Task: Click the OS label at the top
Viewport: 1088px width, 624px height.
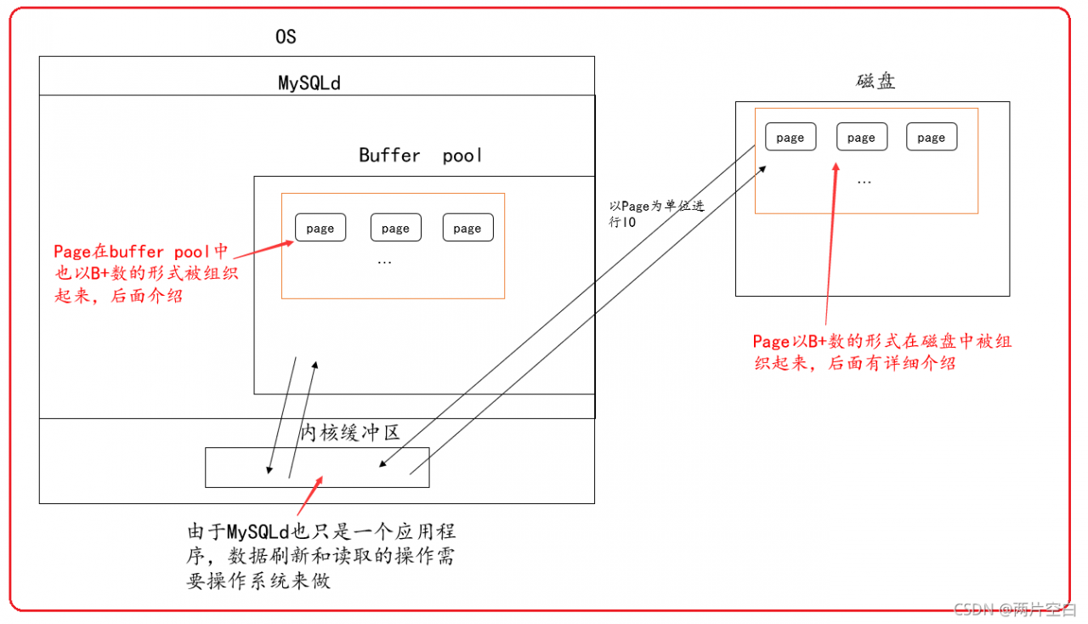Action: (286, 37)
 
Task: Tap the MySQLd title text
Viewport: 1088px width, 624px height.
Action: (309, 83)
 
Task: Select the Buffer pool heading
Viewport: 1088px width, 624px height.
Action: (421, 156)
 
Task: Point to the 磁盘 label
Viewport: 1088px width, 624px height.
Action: (875, 82)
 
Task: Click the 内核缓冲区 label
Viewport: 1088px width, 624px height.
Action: (350, 433)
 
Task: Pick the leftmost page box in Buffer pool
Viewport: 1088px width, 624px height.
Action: (320, 228)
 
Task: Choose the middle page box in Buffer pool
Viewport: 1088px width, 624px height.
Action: (395, 228)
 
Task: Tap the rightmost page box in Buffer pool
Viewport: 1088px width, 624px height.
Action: (467, 228)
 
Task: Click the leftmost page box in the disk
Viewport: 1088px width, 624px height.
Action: (790, 137)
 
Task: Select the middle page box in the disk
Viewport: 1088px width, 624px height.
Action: (861, 137)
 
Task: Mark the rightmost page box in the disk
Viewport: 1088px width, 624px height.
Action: (932, 137)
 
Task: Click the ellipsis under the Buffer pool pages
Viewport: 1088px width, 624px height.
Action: (384, 262)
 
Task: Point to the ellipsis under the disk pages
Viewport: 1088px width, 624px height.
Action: (864, 181)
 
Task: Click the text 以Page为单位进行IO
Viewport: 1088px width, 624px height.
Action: (654, 213)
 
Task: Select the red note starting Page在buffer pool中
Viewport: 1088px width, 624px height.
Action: (141, 274)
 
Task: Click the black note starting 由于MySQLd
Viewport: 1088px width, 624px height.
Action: (321, 556)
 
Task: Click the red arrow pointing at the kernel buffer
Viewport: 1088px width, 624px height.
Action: (309, 496)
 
